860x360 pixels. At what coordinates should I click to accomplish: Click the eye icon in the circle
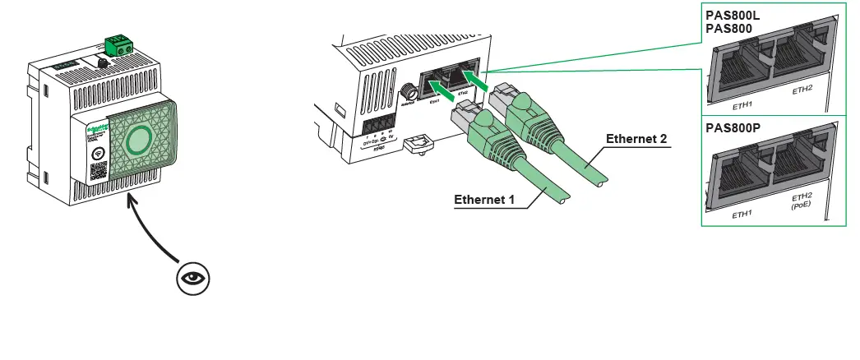[193, 277]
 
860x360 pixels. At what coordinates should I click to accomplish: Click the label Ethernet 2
[638, 139]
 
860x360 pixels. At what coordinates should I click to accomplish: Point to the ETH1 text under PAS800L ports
[743, 105]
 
